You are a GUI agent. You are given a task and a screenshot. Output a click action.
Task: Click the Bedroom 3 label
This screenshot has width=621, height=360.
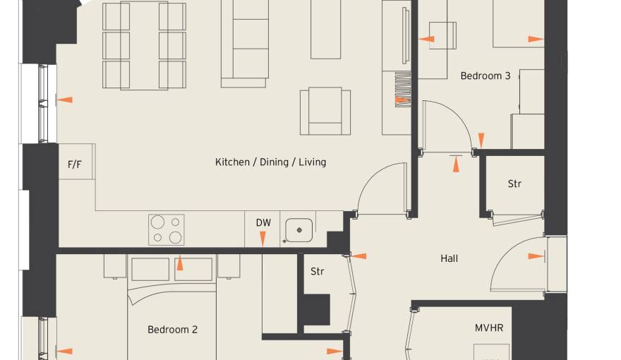pos(486,76)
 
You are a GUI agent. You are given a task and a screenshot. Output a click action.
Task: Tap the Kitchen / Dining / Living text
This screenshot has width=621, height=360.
pos(270,162)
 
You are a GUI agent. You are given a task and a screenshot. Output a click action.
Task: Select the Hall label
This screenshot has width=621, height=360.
pos(449,258)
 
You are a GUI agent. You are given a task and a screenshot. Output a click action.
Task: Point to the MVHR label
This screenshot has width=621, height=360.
pos(489,328)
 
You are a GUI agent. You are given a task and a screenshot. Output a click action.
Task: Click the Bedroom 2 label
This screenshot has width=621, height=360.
pos(172,330)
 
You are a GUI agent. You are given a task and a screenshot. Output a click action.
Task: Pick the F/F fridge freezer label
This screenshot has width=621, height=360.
pos(75,164)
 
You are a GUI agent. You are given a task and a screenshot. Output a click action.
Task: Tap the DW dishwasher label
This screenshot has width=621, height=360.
pos(263,223)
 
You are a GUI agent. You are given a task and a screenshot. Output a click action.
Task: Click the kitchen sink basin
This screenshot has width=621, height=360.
pos(299,230)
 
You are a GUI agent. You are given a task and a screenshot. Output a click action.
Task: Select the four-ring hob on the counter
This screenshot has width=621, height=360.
pos(167,229)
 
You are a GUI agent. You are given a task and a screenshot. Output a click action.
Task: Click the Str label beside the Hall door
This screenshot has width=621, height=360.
pos(514,184)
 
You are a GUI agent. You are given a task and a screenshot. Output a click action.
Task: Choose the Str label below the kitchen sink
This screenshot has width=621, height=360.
pos(318,272)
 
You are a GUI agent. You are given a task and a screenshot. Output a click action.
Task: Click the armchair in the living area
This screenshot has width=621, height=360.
pos(325,111)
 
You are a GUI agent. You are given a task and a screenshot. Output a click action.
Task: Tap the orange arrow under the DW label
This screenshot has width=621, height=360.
pos(263,239)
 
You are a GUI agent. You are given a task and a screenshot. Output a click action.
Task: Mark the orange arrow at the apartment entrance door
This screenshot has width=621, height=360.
pos(536,256)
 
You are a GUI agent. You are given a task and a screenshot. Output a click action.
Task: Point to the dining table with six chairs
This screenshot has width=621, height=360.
pos(144,46)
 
